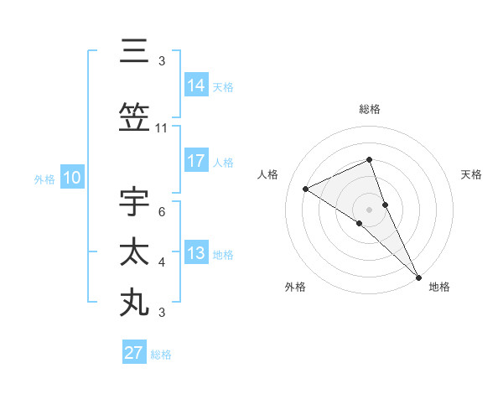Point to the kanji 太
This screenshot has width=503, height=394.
pyautogui.click(x=135, y=252)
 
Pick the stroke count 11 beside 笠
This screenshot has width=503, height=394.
pyautogui.click(x=162, y=128)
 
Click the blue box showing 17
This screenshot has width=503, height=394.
pyautogui.click(x=196, y=162)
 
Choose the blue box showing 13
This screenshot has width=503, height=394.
pyautogui.click(x=196, y=254)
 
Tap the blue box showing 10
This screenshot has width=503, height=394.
pyautogui.click(x=71, y=178)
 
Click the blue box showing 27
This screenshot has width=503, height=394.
pyautogui.click(x=133, y=353)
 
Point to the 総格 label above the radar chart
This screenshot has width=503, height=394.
pyautogui.click(x=369, y=110)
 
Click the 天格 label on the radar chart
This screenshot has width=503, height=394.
pyautogui.click(x=472, y=174)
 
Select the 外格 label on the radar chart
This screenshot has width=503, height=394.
pyautogui.click(x=295, y=288)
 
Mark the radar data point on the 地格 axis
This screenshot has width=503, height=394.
pyautogui.click(x=417, y=276)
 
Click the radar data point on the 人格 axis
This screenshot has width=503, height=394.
pyautogui.click(x=306, y=189)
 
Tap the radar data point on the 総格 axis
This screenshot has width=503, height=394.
pyautogui.click(x=369, y=160)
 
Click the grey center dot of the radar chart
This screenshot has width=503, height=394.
pyautogui.click(x=369, y=209)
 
